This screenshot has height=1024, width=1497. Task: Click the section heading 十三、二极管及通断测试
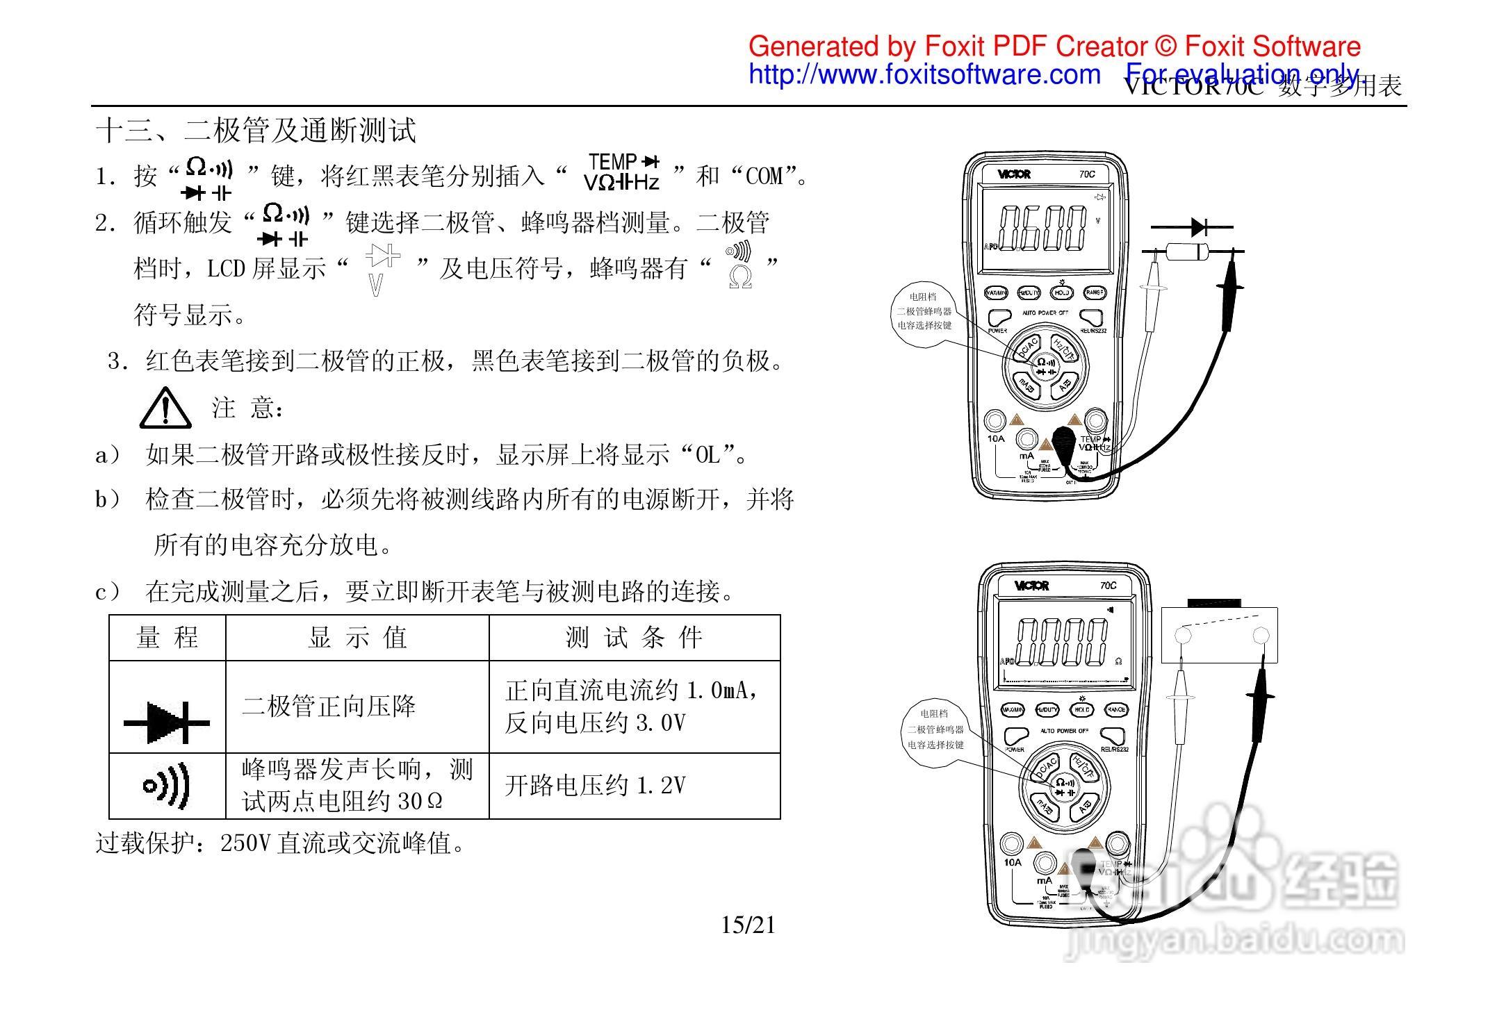(x=256, y=131)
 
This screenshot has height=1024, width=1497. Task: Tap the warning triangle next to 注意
(x=165, y=409)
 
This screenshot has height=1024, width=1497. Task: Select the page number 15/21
(x=748, y=925)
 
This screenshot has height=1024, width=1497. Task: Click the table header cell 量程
(x=167, y=637)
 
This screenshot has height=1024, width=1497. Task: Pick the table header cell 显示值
(x=357, y=637)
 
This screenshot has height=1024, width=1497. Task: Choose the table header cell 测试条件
(x=634, y=637)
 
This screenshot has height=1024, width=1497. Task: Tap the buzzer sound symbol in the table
(x=167, y=786)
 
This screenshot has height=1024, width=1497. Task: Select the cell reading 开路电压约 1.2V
(x=595, y=786)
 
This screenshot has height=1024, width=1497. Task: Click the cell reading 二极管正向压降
(x=329, y=707)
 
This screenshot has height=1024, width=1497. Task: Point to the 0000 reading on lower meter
(x=1061, y=642)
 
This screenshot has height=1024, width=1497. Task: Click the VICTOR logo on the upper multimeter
(x=1014, y=174)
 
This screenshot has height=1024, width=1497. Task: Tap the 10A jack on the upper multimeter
(x=995, y=421)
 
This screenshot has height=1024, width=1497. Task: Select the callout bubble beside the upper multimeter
(x=924, y=311)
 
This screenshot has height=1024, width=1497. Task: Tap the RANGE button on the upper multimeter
(x=1094, y=293)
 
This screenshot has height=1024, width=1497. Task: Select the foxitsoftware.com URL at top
(x=924, y=74)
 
